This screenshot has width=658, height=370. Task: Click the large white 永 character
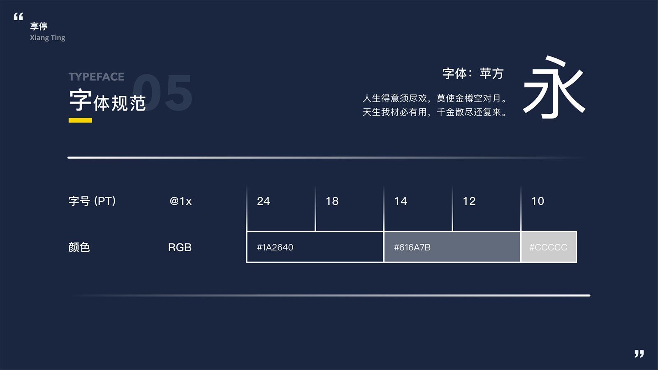click(554, 88)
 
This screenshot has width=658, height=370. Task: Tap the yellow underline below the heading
click(80, 120)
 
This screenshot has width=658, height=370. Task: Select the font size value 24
click(263, 201)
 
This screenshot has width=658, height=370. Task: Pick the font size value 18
click(332, 201)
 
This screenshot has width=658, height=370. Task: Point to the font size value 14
click(401, 201)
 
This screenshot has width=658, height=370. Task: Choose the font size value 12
click(469, 201)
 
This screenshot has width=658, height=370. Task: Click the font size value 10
click(538, 201)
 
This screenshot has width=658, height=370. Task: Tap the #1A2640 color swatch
click(315, 247)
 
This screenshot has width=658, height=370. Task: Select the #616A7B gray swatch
click(452, 247)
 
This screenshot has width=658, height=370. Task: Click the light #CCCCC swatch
click(549, 247)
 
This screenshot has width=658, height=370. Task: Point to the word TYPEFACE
click(96, 77)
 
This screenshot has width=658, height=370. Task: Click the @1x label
click(181, 201)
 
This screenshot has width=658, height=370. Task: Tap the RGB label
click(180, 247)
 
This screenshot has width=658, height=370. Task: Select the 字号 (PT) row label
click(92, 201)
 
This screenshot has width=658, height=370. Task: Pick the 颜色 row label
click(79, 247)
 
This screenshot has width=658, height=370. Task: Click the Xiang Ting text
click(47, 37)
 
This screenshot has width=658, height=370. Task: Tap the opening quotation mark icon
click(18, 16)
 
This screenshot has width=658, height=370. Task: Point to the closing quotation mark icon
click(639, 354)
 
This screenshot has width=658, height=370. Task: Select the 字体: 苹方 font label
click(473, 74)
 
